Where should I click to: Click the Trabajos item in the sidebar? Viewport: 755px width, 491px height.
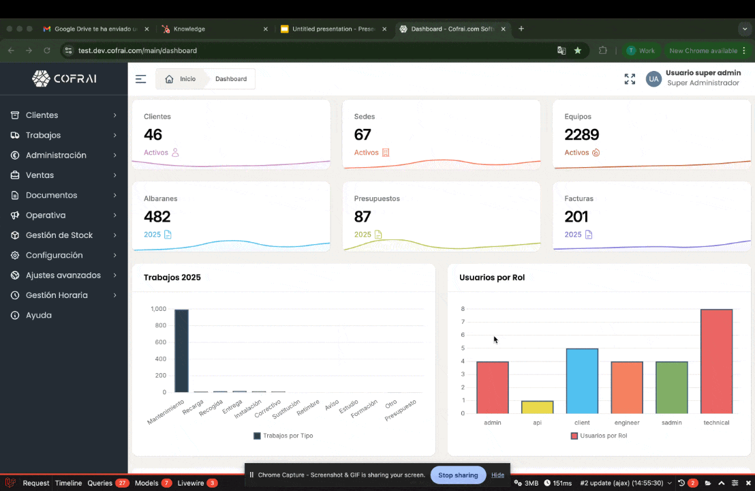click(43, 135)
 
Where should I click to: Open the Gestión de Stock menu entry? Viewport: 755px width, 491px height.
click(59, 235)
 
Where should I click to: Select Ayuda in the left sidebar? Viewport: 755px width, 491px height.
click(38, 315)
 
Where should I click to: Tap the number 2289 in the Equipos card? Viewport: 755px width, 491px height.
click(581, 135)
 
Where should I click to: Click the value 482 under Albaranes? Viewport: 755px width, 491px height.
click(157, 217)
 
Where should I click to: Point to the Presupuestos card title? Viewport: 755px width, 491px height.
click(376, 198)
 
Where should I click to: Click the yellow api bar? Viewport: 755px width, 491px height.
click(537, 407)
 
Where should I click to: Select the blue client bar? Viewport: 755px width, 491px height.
click(582, 381)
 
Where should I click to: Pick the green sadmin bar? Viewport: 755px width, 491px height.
click(671, 387)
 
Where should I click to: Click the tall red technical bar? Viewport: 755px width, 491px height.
click(716, 361)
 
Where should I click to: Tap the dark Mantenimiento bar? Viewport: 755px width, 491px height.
click(181, 351)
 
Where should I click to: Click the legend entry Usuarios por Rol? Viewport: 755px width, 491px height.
click(599, 436)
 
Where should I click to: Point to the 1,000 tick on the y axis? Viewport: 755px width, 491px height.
click(158, 309)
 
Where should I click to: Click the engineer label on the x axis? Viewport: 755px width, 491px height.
click(626, 423)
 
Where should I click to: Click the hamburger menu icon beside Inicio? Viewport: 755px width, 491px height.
click(140, 79)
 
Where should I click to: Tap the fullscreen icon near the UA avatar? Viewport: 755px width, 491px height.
click(630, 79)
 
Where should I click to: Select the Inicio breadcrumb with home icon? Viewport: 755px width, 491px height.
click(181, 79)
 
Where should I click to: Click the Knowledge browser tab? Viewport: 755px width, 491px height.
click(189, 29)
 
